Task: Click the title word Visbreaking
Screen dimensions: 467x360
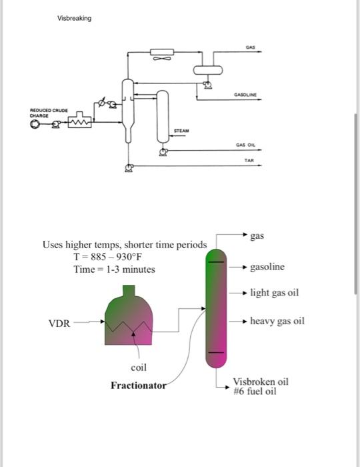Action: coord(74,18)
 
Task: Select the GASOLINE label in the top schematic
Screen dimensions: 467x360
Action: coord(247,95)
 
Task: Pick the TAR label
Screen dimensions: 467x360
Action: coord(249,160)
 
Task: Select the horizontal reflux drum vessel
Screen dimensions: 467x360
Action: coord(208,69)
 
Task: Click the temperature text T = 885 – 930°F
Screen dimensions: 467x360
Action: coord(109,258)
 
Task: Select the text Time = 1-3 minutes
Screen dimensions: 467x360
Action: coord(114,270)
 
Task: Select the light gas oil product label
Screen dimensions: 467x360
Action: coord(274,293)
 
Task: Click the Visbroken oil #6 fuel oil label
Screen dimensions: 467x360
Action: coord(260,386)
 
